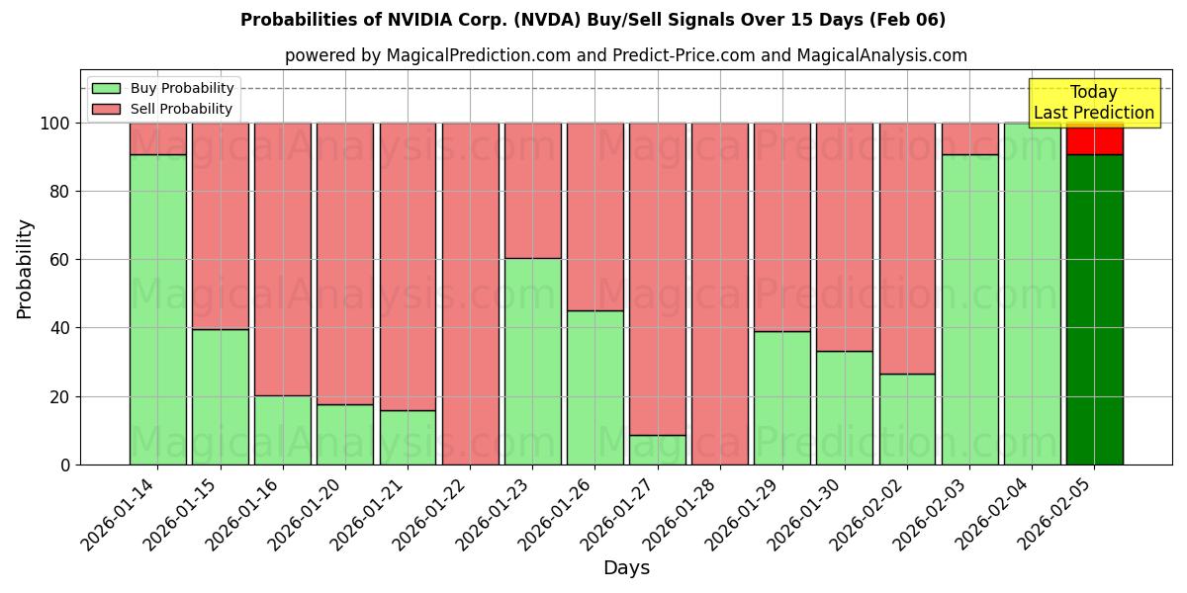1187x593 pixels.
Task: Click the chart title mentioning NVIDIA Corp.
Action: [593, 20]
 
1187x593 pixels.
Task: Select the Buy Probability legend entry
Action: [182, 89]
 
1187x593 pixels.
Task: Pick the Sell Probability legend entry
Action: [181, 109]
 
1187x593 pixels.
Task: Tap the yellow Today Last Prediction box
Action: [1093, 103]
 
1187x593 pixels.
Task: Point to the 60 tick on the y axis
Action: [59, 260]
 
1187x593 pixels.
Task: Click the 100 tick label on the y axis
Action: [54, 124]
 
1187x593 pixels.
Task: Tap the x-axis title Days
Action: [626, 568]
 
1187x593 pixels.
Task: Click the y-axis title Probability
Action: [25, 269]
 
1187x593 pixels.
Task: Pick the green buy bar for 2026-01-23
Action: [532, 361]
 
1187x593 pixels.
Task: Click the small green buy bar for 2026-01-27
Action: [658, 450]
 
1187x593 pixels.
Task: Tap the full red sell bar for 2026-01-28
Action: [720, 294]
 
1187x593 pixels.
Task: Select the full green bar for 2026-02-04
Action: [1032, 294]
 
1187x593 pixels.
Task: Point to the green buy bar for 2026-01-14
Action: [157, 309]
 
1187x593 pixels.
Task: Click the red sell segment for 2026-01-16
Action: [283, 259]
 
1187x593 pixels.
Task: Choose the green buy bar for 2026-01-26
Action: [594, 387]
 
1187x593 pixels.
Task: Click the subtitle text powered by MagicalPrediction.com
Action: [626, 55]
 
